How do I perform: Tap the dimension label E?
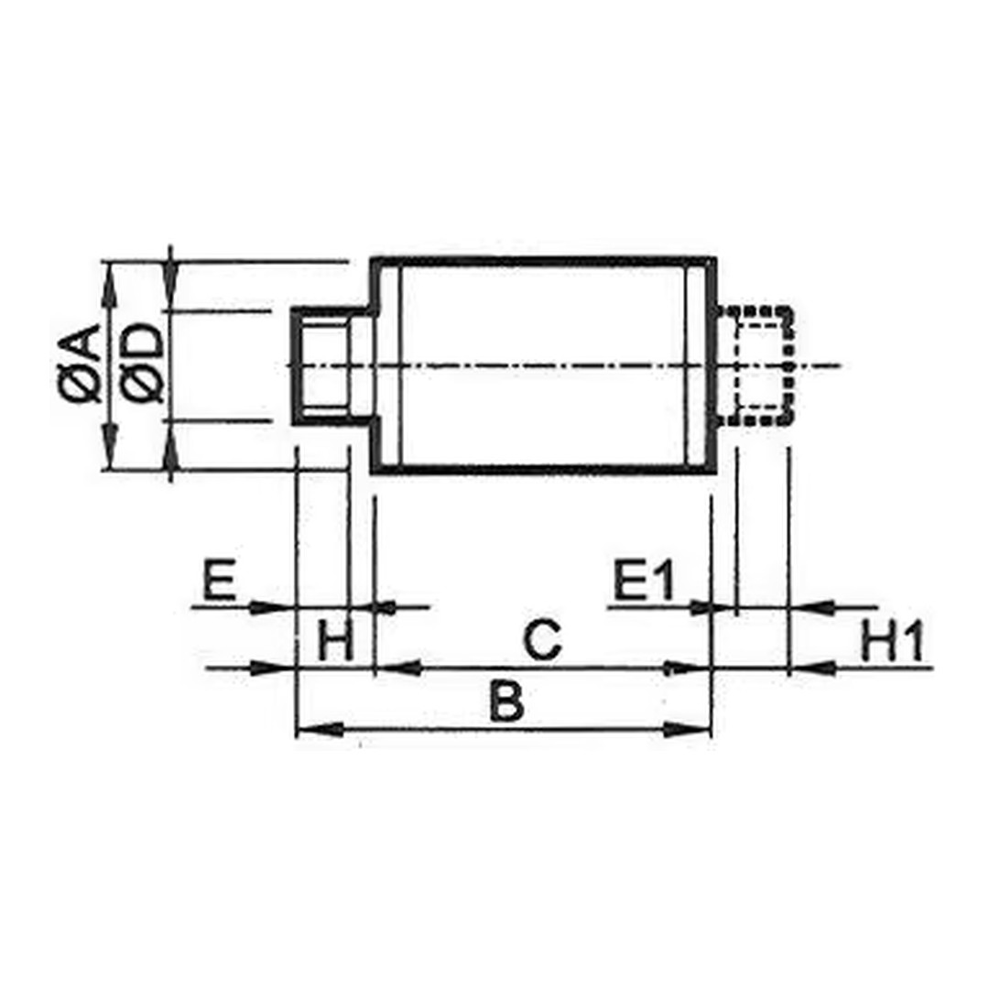(x=219, y=579)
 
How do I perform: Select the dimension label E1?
(x=644, y=579)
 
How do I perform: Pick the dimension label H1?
(x=892, y=641)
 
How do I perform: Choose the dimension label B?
(x=506, y=701)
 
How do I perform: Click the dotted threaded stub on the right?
(x=755, y=365)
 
